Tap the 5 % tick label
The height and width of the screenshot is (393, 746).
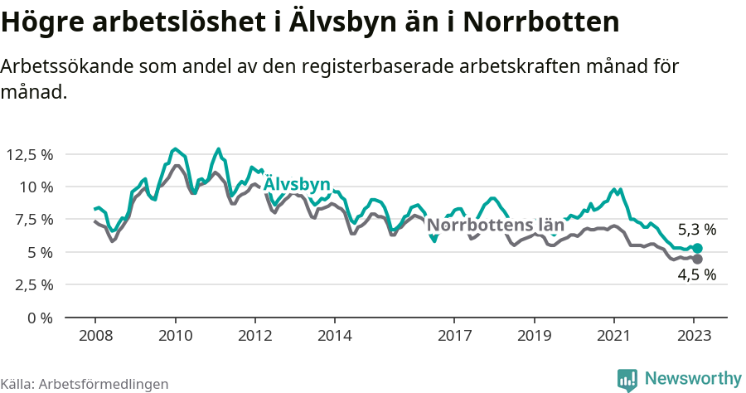(x=39, y=252)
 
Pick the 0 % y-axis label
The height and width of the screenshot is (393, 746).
(x=39, y=318)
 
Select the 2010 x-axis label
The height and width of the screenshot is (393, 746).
(x=175, y=336)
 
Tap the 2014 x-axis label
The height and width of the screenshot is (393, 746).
(x=334, y=336)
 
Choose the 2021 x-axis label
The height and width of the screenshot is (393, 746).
(x=613, y=336)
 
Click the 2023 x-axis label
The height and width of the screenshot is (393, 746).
(x=694, y=336)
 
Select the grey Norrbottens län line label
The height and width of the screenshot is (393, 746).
(x=495, y=225)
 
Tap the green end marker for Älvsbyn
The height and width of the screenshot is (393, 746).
(x=697, y=249)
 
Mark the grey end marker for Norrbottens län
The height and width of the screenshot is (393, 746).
(x=697, y=260)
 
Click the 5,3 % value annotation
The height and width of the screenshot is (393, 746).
(x=696, y=230)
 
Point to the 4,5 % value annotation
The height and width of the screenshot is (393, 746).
(x=696, y=276)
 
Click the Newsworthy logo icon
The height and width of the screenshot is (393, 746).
(x=627, y=379)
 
